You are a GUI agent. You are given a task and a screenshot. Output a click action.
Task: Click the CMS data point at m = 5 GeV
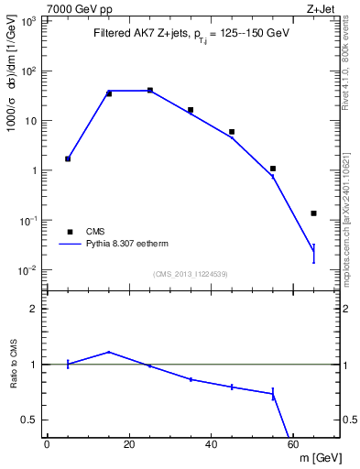(x=68, y=158)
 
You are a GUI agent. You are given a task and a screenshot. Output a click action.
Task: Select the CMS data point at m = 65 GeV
(x=313, y=213)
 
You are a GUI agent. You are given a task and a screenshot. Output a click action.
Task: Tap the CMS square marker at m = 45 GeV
(x=232, y=132)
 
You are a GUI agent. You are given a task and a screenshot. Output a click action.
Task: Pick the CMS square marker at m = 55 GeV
(x=273, y=169)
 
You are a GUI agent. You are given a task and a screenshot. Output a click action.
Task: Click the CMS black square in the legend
(x=69, y=232)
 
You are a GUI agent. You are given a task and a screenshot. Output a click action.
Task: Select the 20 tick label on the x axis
(x=129, y=444)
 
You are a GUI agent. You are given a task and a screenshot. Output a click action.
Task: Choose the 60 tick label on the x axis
(x=293, y=444)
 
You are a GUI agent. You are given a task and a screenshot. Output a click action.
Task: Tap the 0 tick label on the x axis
(x=47, y=444)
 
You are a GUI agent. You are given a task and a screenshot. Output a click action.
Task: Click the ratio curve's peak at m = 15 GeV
(x=109, y=352)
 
